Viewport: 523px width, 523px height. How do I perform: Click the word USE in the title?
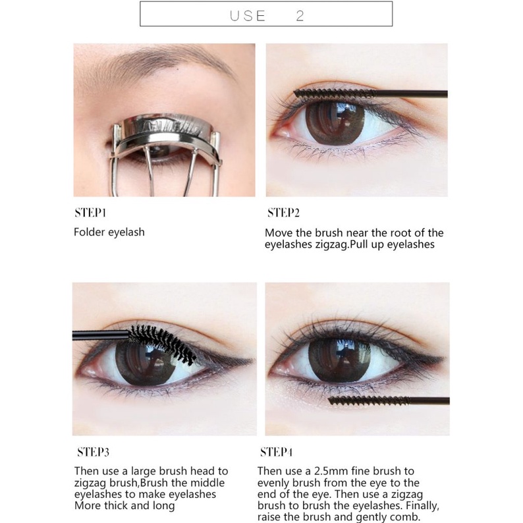[248, 16]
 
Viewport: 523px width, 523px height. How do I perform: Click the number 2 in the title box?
[300, 16]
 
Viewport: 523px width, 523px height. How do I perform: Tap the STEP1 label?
[91, 213]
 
